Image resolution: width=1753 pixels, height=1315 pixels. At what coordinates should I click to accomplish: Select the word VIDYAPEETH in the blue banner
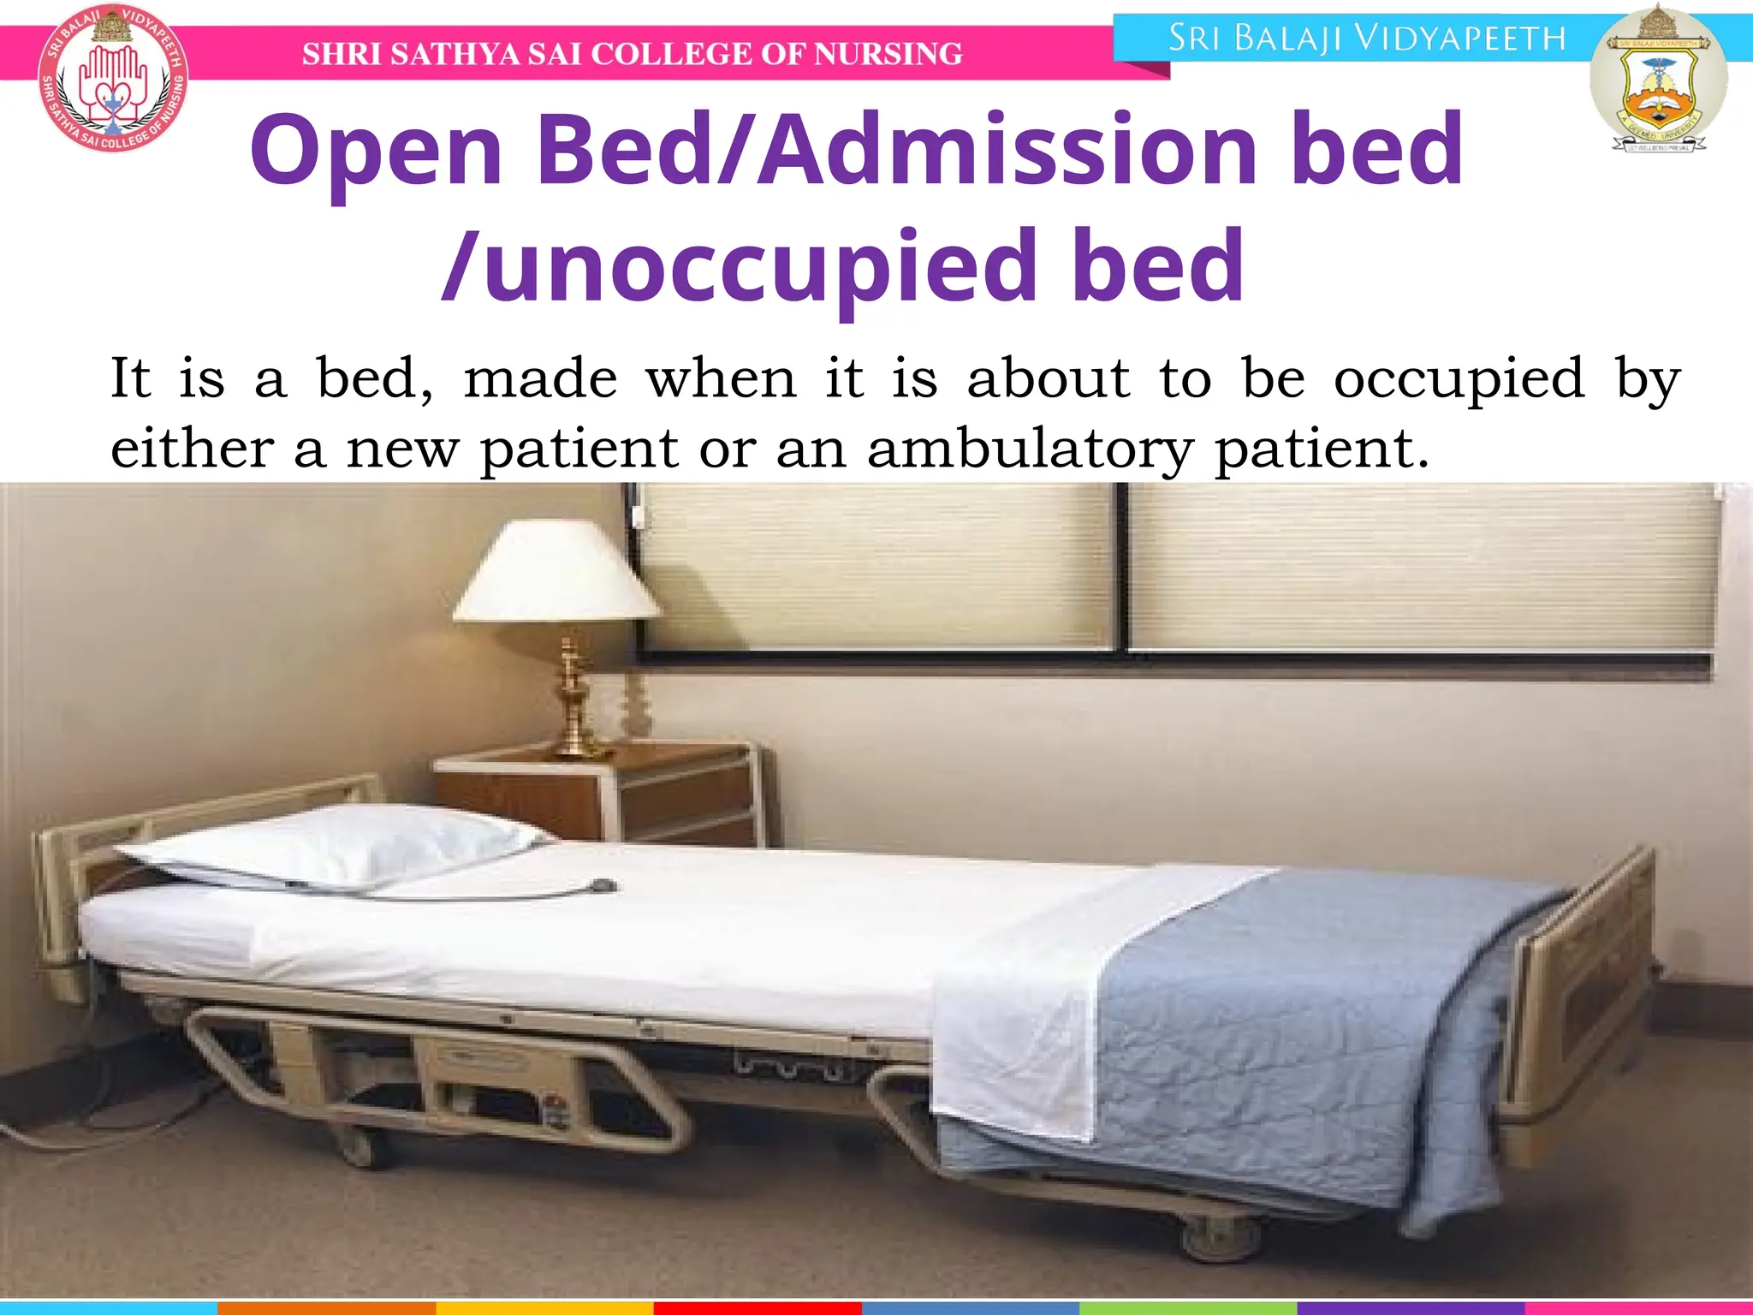point(1461,39)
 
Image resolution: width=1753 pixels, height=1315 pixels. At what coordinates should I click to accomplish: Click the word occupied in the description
point(1459,378)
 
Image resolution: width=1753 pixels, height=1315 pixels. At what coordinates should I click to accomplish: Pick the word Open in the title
point(377,152)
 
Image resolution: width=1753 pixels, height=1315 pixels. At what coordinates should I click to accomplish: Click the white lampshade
point(557,572)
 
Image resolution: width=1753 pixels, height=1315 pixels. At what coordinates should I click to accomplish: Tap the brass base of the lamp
point(575,702)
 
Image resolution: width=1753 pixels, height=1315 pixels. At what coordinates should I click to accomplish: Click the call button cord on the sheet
point(603,885)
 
